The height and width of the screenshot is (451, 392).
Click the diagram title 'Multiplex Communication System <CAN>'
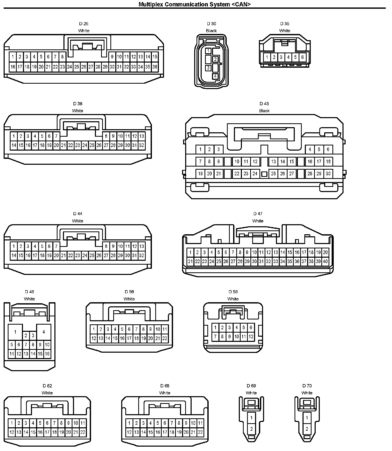[x=194, y=4]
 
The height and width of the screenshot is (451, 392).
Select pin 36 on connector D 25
[x=155, y=67]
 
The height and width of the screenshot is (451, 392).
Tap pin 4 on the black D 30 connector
[x=215, y=76]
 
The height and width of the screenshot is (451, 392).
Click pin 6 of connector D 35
[x=303, y=57]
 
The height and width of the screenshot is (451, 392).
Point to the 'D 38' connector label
[x=78, y=104]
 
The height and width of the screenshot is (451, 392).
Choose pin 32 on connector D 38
[x=141, y=145]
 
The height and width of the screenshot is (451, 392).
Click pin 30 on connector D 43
[x=328, y=174]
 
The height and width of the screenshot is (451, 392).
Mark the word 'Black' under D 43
[x=264, y=111]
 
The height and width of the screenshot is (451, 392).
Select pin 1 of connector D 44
[x=14, y=246]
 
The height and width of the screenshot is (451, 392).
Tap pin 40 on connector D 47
[x=325, y=262]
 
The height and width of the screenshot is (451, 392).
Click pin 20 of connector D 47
[x=325, y=253]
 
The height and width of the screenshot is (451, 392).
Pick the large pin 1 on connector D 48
[x=15, y=332]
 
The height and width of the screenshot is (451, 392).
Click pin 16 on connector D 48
[x=47, y=354]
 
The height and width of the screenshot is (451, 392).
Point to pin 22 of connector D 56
[x=165, y=339]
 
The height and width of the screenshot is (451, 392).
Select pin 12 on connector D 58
[x=251, y=336]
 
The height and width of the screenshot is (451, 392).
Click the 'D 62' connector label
[x=47, y=386]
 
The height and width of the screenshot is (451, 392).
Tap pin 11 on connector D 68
[x=200, y=423]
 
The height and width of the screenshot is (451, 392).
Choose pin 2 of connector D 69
[x=251, y=429]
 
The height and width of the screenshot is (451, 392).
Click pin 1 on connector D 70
[x=307, y=418]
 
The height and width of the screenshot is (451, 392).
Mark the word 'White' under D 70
[x=307, y=393]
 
